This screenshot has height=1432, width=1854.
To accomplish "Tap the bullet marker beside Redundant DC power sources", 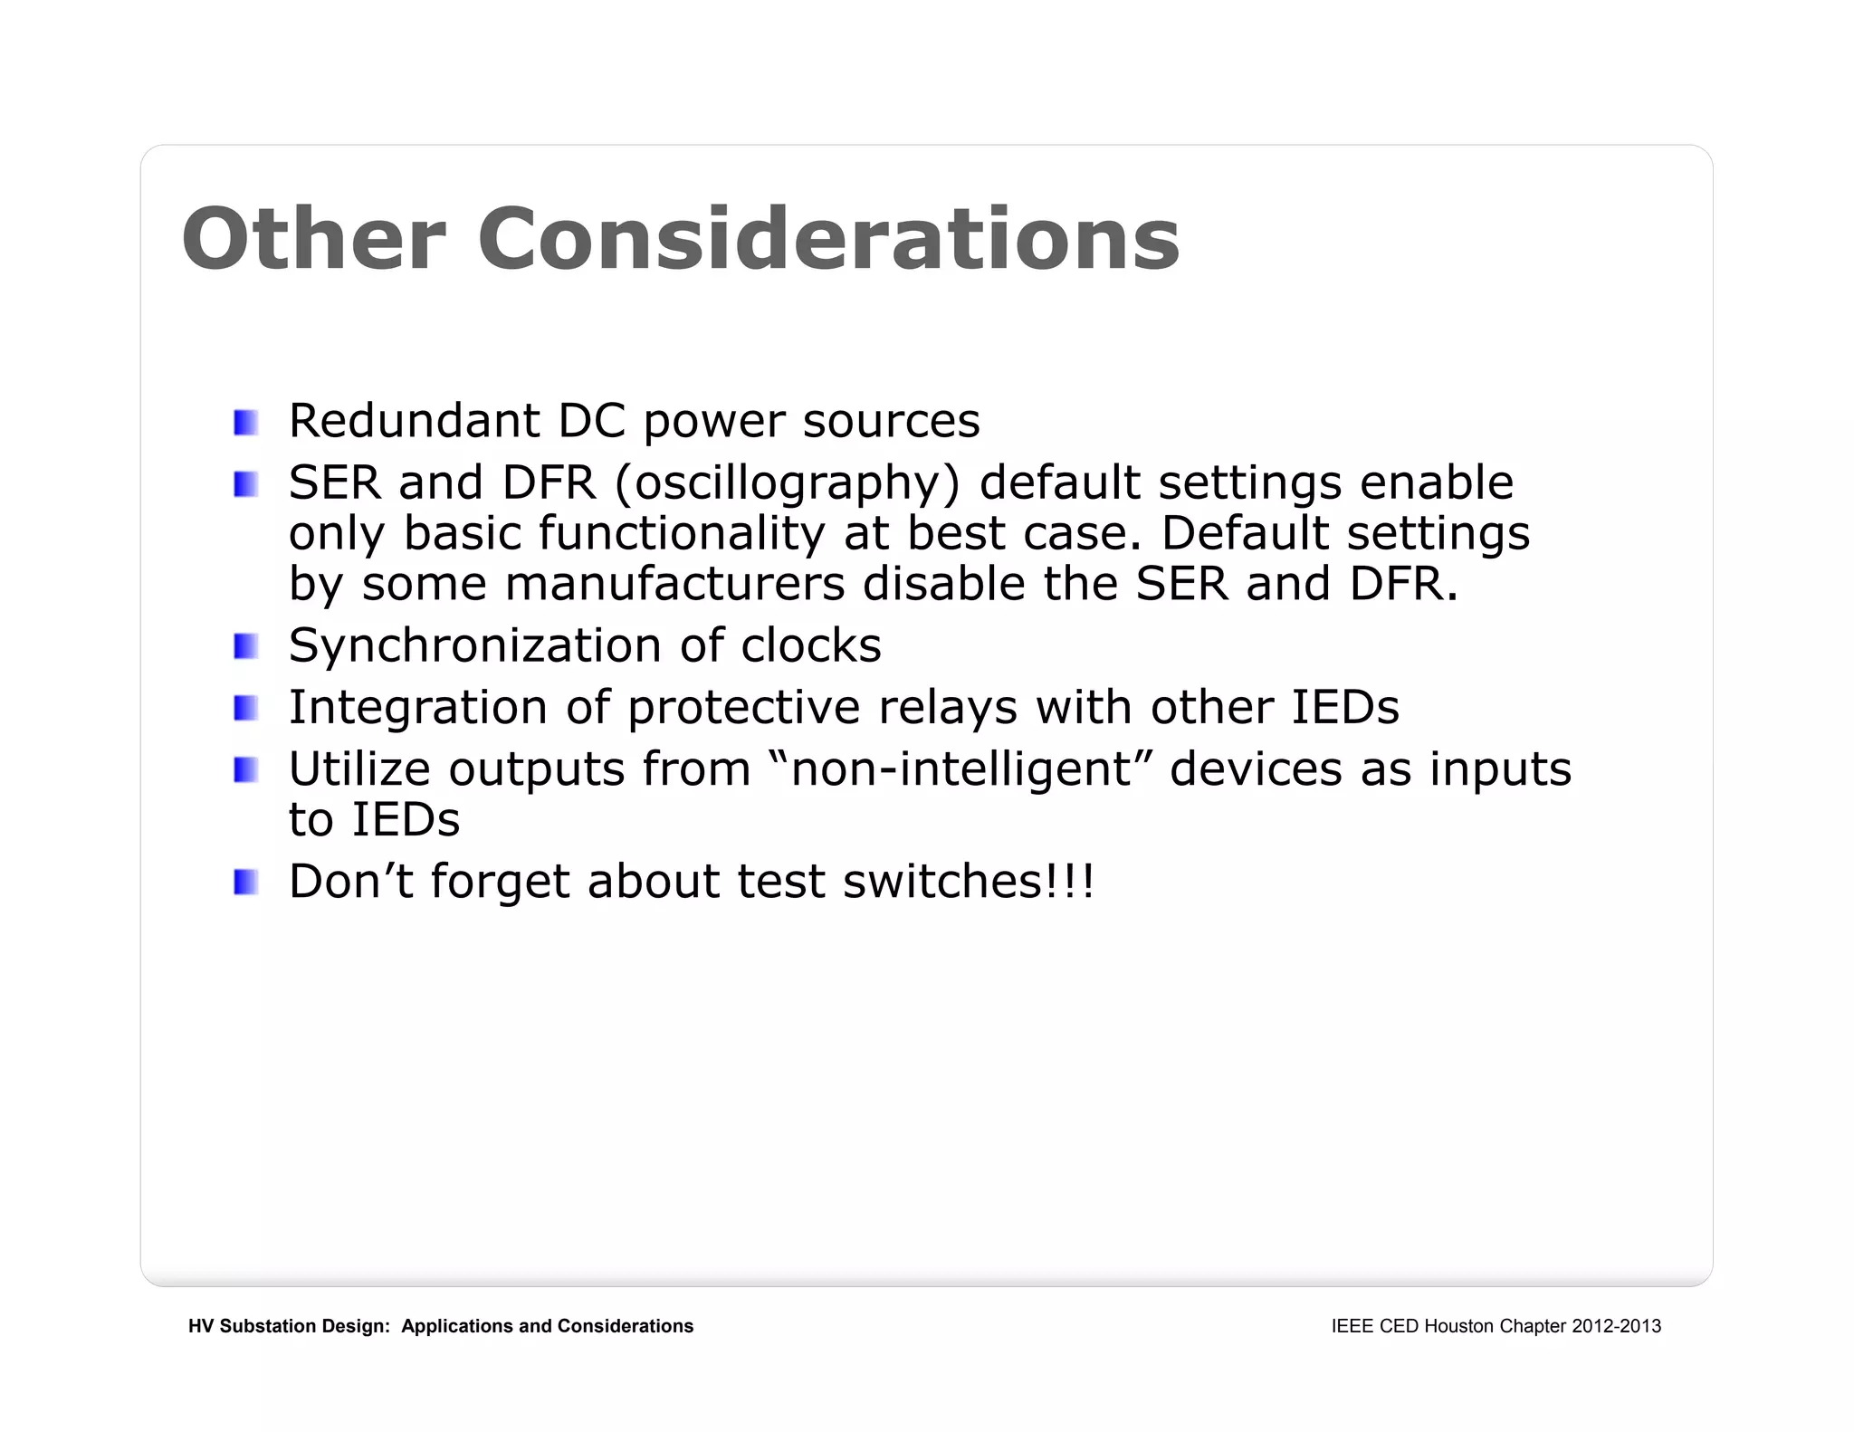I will [245, 423].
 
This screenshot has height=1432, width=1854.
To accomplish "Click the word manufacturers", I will [674, 584].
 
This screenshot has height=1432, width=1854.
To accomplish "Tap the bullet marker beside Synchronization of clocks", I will [245, 647].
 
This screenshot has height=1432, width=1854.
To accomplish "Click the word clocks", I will [810, 645].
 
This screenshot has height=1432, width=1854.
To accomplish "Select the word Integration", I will [417, 708].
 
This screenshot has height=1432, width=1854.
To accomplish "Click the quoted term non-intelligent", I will [961, 769].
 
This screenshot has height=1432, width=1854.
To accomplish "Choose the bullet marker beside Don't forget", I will [245, 883].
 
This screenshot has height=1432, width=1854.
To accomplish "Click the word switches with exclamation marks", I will [968, 882].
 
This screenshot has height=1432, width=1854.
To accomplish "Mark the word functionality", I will [681, 533].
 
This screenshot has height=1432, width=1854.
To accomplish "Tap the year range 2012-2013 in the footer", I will [1616, 1326].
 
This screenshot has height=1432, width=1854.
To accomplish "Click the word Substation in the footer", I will [269, 1326].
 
